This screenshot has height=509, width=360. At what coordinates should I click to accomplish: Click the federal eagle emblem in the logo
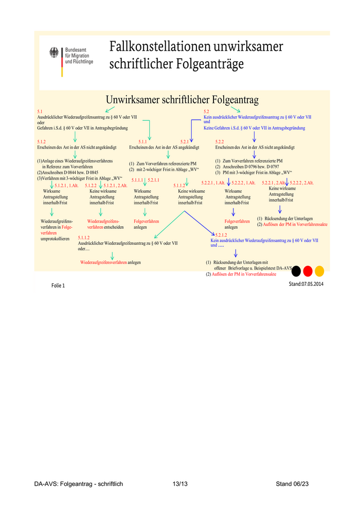[54, 53]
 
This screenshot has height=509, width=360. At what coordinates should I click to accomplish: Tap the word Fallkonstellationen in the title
[159, 47]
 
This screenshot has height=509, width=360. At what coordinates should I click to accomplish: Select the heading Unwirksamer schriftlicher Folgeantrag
[182, 99]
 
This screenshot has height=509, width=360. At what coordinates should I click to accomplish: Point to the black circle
[296, 270]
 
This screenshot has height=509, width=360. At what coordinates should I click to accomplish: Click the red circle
[308, 270]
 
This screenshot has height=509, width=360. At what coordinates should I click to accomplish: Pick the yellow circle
[319, 270]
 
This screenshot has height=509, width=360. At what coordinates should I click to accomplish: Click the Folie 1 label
[58, 285]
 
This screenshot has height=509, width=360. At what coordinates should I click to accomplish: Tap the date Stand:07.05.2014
[306, 283]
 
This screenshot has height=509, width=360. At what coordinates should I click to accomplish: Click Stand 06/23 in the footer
[292, 484]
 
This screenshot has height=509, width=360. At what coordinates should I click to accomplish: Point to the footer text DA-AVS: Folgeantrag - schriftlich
[79, 484]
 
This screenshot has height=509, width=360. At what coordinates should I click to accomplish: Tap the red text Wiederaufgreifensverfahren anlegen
[110, 262]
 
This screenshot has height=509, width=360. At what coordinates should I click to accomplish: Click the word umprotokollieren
[55, 239]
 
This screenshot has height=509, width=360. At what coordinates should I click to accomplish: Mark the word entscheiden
[114, 227]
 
